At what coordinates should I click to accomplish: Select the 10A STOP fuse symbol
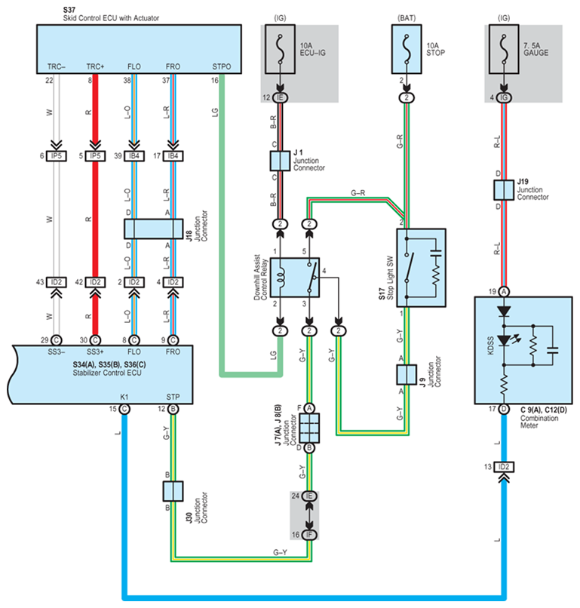pyautogui.click(x=407, y=54)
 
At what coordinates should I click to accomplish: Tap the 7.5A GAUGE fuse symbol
pyautogui.click(x=503, y=54)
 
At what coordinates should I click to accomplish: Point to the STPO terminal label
pyautogui.click(x=222, y=66)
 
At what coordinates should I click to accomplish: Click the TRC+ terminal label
pyautogui.click(x=95, y=66)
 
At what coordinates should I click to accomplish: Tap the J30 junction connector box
pyautogui.click(x=173, y=491)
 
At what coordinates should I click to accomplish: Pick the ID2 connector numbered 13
pyautogui.click(x=503, y=466)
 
